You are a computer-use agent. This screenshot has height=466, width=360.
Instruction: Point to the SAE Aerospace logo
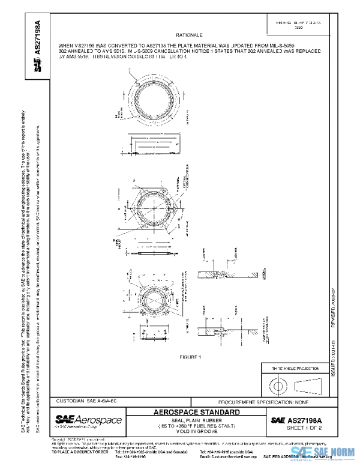click(x=89, y=419)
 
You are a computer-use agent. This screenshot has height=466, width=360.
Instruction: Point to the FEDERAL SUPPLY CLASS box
click(x=294, y=25)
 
